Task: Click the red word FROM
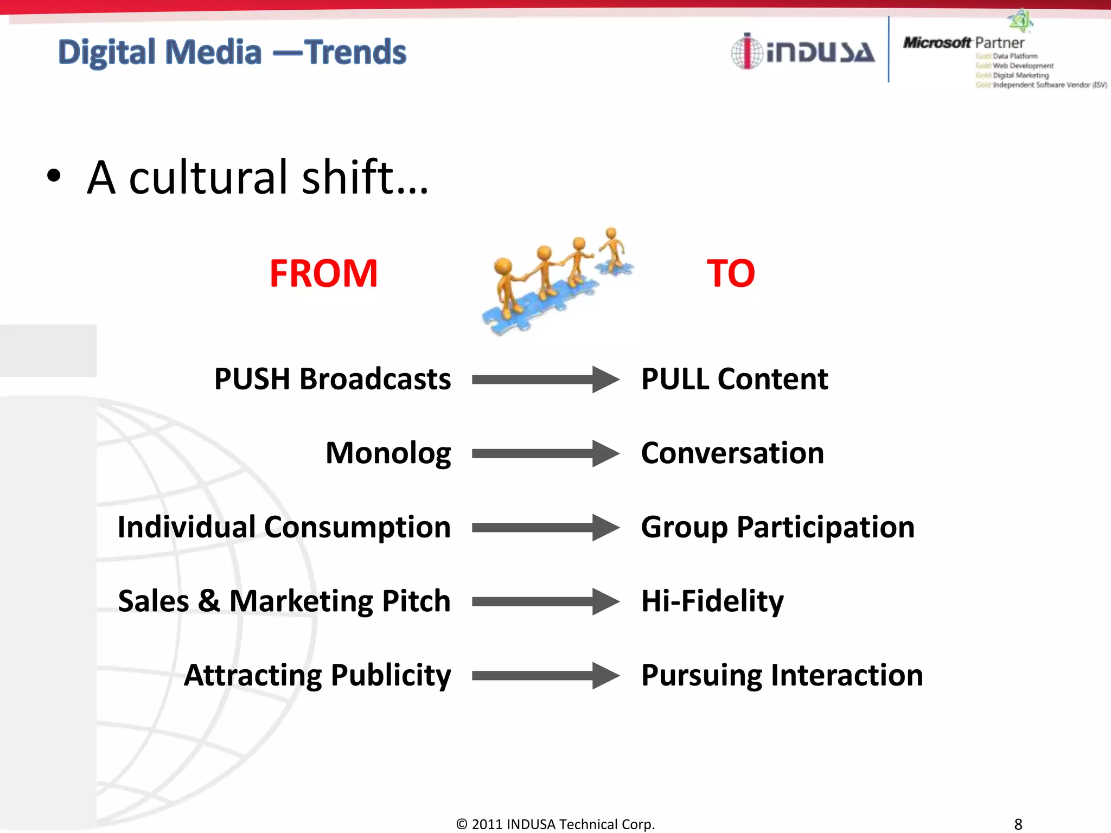323,273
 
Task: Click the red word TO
731,273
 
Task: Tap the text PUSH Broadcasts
332,379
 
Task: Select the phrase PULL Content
735,379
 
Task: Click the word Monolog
388,453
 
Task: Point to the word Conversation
732,453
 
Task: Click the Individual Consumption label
284,527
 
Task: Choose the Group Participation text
777,527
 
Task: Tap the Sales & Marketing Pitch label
284,601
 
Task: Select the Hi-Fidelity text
712,601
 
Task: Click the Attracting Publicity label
317,675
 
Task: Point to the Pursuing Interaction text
782,675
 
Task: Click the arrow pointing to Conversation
545,453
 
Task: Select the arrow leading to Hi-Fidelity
545,601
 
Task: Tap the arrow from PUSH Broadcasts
545,379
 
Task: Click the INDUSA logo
803,52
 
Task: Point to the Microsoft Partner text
963,43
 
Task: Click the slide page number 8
1018,824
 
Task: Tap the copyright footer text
555,824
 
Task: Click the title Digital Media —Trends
232,52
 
